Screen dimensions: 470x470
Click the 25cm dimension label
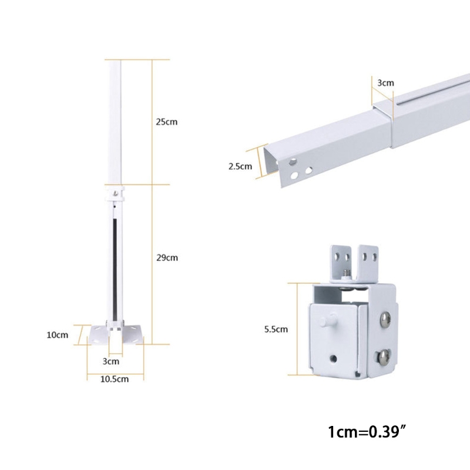point(166,122)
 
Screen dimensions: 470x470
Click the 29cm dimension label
point(166,257)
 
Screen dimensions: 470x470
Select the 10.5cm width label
point(115,379)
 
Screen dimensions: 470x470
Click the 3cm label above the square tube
point(385,83)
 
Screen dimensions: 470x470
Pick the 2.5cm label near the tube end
point(240,166)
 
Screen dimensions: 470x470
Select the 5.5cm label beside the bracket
point(276,330)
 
